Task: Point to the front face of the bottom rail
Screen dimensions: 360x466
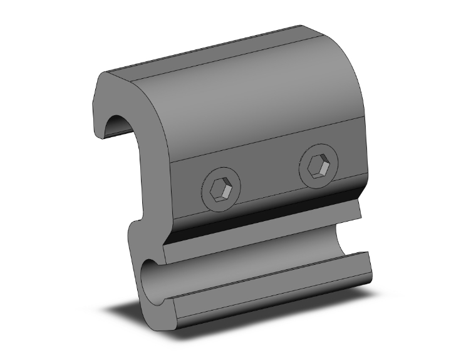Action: [269, 294]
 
